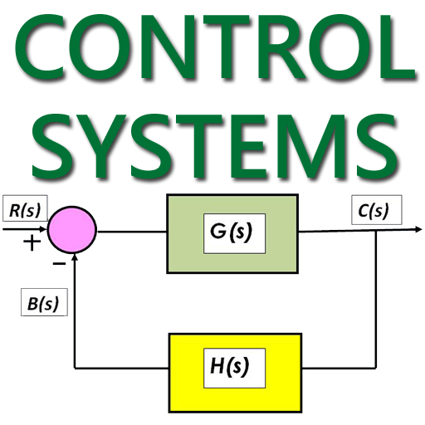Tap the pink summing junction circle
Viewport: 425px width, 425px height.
pos(72,228)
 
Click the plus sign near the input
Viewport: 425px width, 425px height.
pos(32,243)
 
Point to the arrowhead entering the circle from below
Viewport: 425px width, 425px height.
pos(76,258)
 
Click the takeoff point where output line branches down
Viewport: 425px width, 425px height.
pos(378,229)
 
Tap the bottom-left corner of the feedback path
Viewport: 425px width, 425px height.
pos(76,365)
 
